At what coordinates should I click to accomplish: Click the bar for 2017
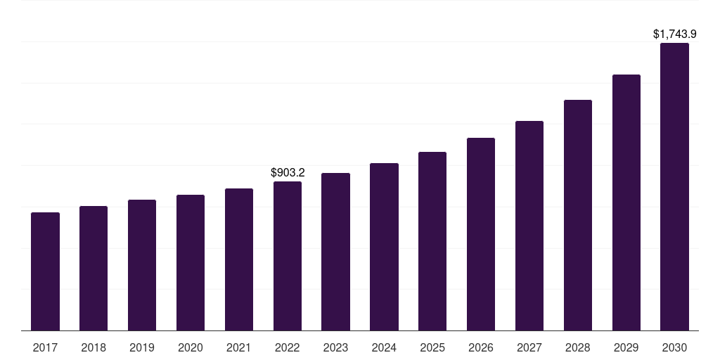click(45, 271)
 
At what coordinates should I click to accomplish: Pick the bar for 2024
click(384, 247)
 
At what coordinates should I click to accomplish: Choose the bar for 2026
click(481, 234)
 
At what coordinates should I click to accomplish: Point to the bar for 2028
click(578, 215)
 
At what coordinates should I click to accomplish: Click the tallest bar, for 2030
click(674, 186)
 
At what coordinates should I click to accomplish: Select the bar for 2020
click(191, 262)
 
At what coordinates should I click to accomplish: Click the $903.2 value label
click(288, 172)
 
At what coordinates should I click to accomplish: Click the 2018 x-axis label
click(94, 347)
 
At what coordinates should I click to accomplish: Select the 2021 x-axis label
click(239, 347)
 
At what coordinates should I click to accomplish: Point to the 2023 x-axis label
click(335, 347)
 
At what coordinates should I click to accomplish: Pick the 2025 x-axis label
click(432, 347)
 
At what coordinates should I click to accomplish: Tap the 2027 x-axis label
click(529, 347)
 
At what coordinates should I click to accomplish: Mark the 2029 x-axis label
click(626, 347)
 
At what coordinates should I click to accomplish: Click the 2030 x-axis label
click(674, 347)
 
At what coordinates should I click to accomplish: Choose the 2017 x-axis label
click(45, 347)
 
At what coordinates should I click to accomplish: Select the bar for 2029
click(626, 202)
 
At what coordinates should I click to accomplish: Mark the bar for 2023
click(335, 252)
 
